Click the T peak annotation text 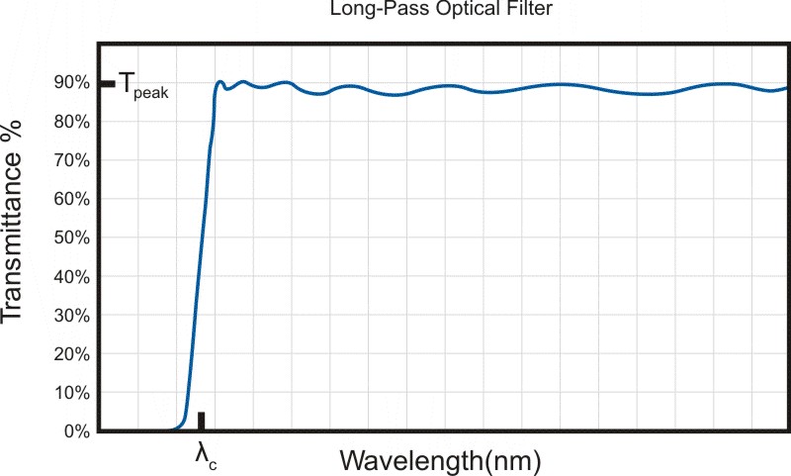click(x=143, y=86)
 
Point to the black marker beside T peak click(x=107, y=83)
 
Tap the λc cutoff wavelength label click(x=204, y=455)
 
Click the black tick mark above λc click(x=201, y=421)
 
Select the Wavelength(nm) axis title click(x=441, y=459)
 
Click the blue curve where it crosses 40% click(x=198, y=277)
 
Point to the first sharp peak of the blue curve click(x=220, y=82)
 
